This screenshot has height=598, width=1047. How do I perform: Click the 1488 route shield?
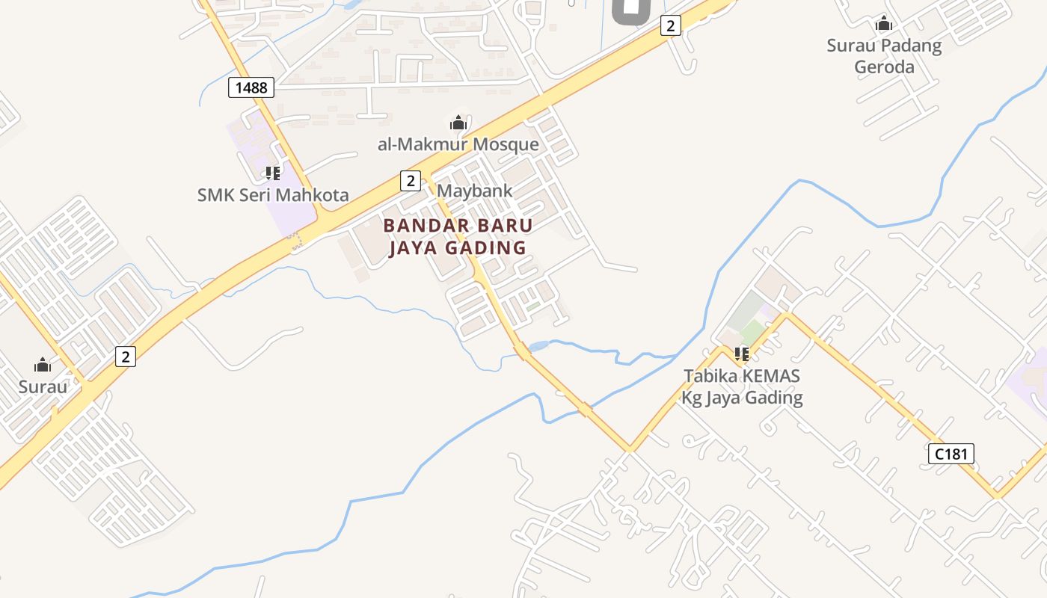[251, 87]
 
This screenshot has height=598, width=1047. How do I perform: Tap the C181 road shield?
[951, 453]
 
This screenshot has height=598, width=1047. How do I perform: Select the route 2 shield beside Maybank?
[410, 180]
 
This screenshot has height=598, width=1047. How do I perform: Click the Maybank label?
[475, 191]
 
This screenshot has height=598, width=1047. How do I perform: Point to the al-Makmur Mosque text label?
[458, 144]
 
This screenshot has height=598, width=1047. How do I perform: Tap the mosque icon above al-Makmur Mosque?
[458, 123]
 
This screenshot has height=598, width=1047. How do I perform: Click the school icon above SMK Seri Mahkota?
[273, 173]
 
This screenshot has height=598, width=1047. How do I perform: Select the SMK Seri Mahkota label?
[273, 195]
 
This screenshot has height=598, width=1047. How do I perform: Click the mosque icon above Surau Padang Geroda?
[884, 24]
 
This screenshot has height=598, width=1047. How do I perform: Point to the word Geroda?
[884, 67]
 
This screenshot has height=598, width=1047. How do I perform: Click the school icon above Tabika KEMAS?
[741, 354]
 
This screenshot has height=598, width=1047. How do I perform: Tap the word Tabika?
[707, 375]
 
